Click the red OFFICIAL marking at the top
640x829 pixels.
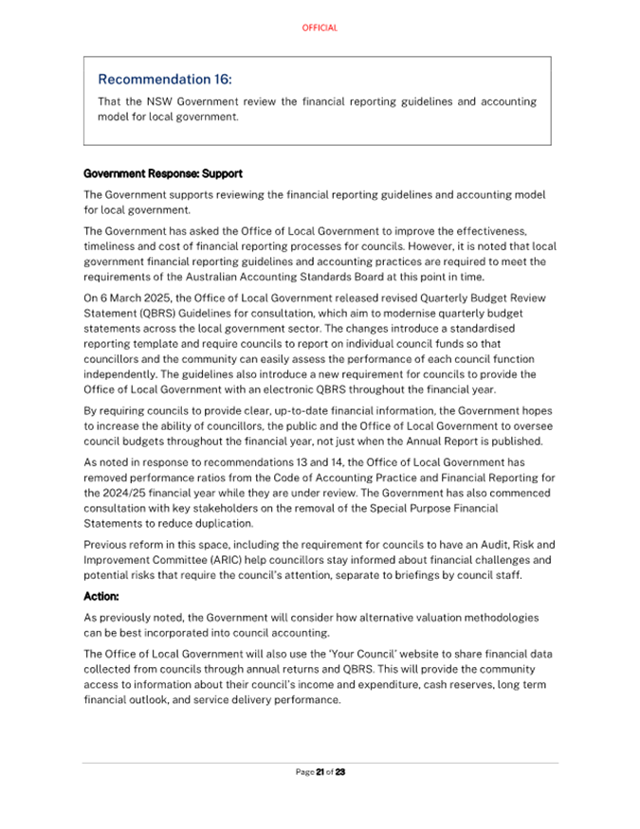point(320,28)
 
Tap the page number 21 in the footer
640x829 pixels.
point(320,772)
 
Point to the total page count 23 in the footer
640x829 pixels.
point(339,772)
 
